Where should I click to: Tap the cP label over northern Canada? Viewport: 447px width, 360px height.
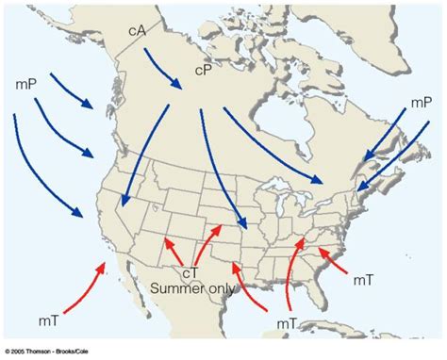(x=204, y=70)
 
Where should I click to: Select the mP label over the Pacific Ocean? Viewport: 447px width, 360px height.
(x=26, y=84)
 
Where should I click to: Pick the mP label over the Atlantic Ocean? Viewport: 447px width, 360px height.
(x=421, y=103)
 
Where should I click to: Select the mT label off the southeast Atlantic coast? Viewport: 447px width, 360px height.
(x=365, y=280)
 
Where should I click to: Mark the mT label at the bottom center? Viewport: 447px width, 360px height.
(x=289, y=323)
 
